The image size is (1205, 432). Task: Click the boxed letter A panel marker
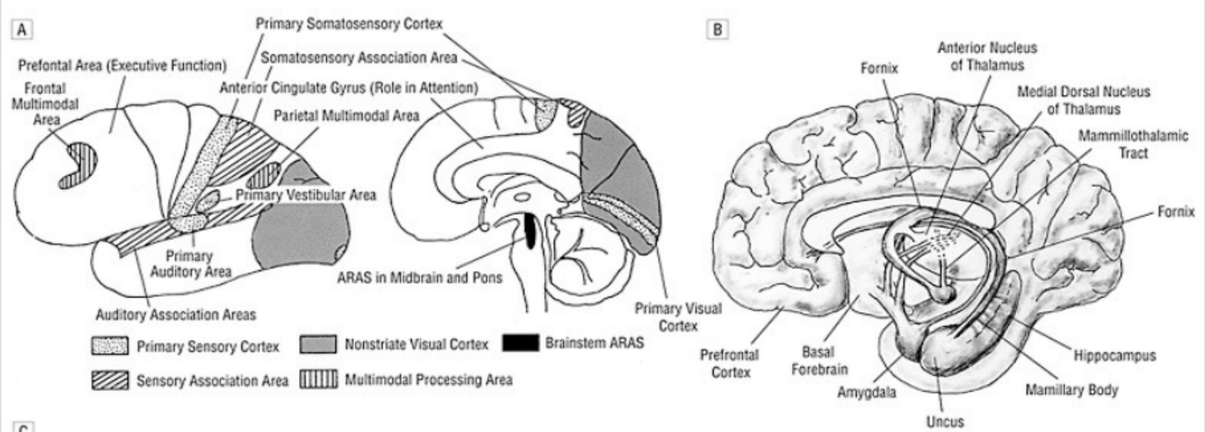[22, 30]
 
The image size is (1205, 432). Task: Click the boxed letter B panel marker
[717, 30]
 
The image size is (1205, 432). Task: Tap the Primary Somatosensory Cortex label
[349, 24]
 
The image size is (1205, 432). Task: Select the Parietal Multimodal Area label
[347, 115]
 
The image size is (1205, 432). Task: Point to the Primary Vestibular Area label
[305, 195]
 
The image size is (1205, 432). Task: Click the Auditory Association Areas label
[176, 315]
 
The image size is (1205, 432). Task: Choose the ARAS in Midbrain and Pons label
[419, 277]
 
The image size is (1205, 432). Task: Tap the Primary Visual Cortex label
[678, 317]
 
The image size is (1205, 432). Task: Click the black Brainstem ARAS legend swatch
[520, 343]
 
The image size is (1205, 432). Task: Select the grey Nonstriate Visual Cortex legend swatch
[318, 344]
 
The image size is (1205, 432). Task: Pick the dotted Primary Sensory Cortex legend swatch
[110, 346]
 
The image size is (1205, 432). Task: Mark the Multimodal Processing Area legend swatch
[318, 380]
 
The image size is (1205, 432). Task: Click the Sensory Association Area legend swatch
[110, 380]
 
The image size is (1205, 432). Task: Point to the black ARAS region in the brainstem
[530, 231]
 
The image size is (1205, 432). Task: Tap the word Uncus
[945, 422]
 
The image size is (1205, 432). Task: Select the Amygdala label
[866, 392]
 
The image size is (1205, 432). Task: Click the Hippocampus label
[1114, 355]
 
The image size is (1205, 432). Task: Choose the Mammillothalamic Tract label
[1133, 144]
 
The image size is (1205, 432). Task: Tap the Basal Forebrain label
[819, 360]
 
